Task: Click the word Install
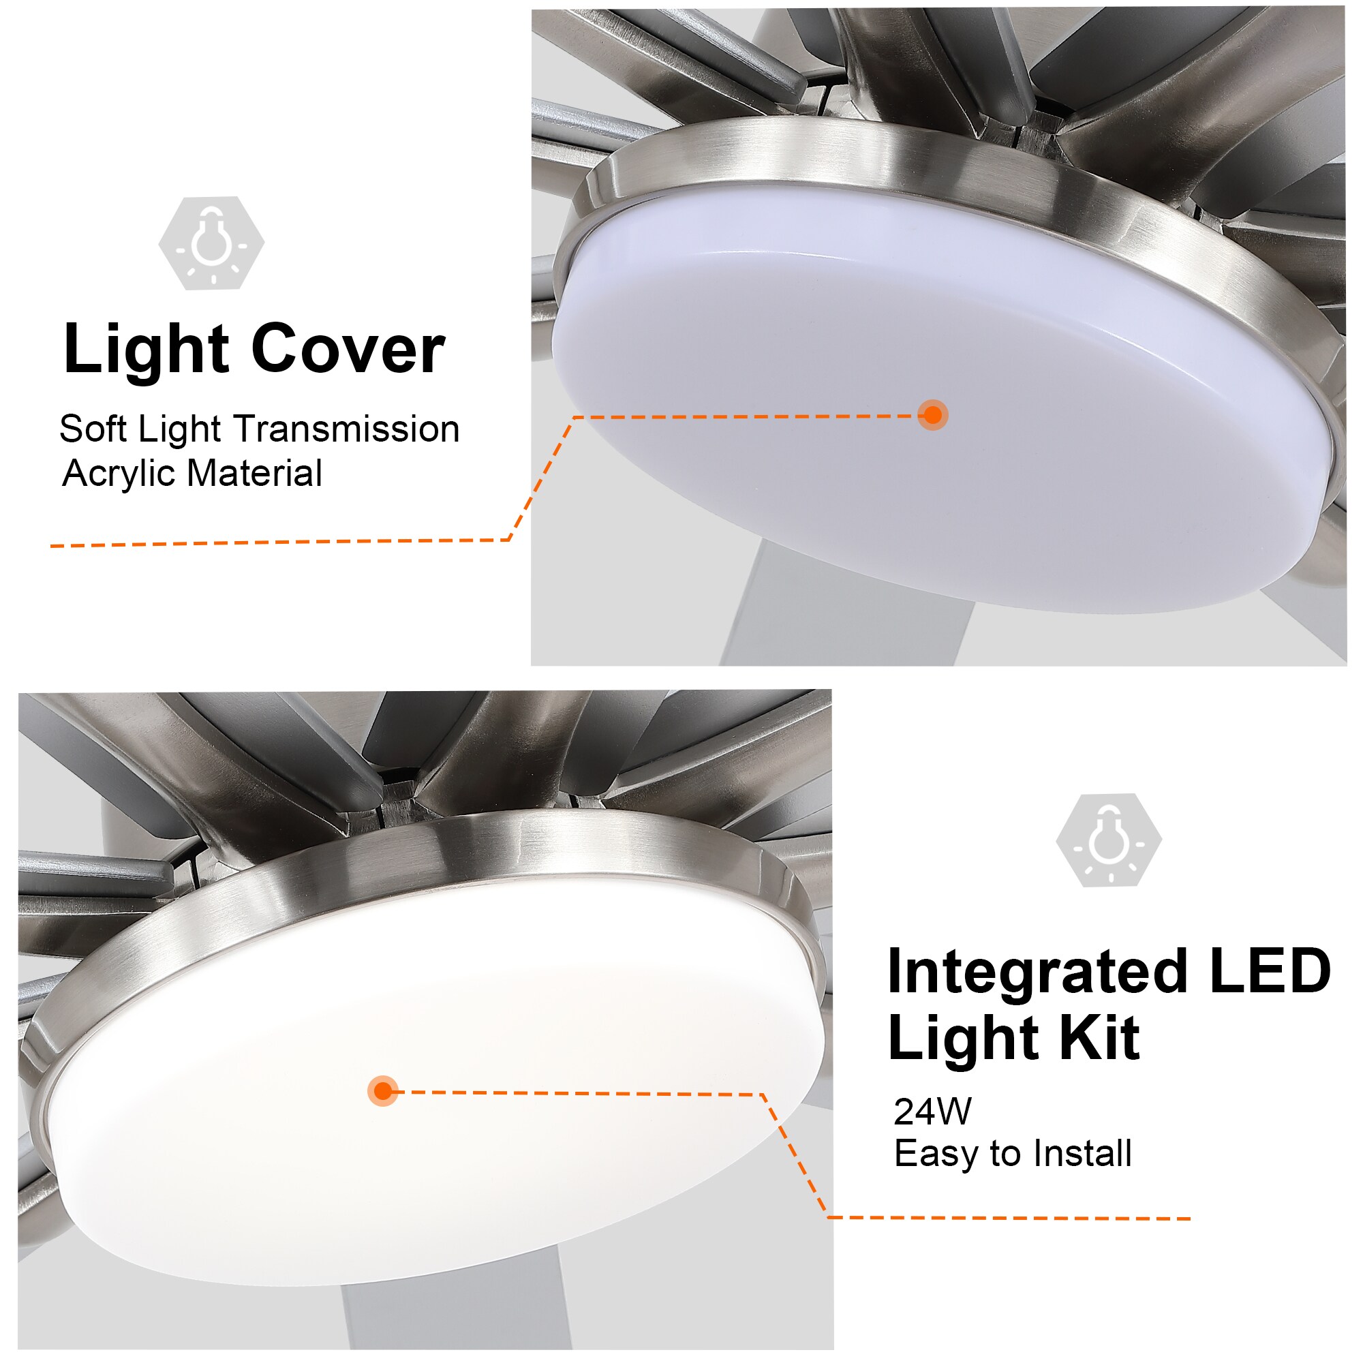[x=1082, y=1155]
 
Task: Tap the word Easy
[x=937, y=1155]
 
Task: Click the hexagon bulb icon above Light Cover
[x=212, y=243]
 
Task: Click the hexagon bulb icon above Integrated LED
[x=1109, y=840]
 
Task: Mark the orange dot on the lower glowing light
[x=383, y=1091]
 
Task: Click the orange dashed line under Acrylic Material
[x=282, y=542]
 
